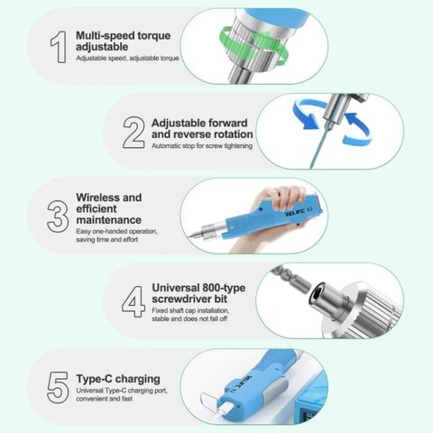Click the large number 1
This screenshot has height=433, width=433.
pos(58,47)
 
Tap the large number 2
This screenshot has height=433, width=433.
pos(133,133)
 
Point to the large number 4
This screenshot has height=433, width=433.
pos(133,300)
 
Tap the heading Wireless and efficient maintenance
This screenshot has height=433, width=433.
pos(108,208)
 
